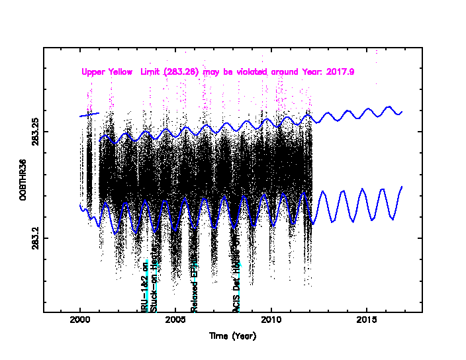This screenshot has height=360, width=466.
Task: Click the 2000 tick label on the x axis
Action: (80, 320)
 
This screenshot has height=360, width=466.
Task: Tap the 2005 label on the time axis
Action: (175, 320)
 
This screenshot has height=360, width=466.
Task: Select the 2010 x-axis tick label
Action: (271, 320)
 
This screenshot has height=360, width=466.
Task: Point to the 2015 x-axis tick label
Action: (367, 320)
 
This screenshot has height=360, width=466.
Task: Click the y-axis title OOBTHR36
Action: (23, 180)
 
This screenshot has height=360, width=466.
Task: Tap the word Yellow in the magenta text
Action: (124, 71)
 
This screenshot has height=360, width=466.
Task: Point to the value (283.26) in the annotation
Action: (183, 71)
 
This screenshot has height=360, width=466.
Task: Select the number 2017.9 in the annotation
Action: (340, 71)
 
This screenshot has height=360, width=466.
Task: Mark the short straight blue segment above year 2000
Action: (89, 114)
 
